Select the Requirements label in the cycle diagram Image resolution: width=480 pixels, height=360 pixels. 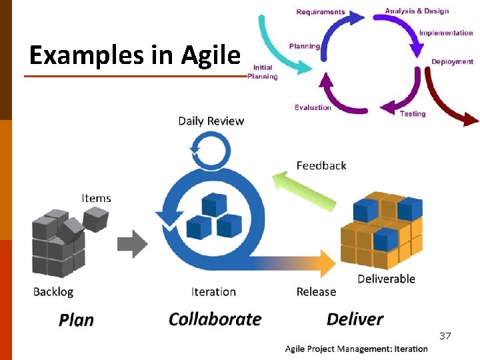(321, 12)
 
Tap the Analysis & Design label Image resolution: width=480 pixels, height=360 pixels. (417, 11)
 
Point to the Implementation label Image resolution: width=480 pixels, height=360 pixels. (445, 33)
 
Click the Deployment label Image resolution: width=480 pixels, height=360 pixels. (452, 62)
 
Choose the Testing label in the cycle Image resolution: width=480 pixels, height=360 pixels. (412, 114)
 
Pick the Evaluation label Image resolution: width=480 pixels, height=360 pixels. (313, 107)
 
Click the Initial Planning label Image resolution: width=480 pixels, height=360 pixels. (262, 72)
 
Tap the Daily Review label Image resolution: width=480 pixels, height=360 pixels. (211, 121)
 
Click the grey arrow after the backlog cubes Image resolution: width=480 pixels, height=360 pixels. (132, 243)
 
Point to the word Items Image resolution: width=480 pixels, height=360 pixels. (96, 198)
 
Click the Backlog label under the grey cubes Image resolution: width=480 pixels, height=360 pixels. (53, 291)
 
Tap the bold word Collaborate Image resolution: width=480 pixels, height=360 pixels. (215, 319)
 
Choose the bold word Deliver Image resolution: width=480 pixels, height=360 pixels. (355, 319)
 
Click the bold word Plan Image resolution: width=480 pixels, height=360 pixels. (76, 320)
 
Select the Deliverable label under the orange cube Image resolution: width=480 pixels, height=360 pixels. (386, 279)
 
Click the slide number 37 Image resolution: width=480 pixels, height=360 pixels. (445, 335)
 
